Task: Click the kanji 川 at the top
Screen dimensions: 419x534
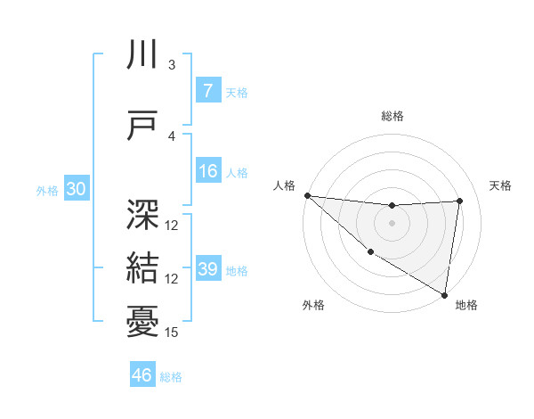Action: [142, 55]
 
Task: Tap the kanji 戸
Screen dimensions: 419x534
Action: [142, 126]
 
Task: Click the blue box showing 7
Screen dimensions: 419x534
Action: [207, 92]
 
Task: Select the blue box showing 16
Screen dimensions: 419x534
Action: [207, 172]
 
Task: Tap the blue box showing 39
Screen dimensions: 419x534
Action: [207, 270]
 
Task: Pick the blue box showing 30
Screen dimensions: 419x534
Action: [76, 189]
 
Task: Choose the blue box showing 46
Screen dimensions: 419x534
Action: [142, 375]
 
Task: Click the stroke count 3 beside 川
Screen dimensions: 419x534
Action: [172, 65]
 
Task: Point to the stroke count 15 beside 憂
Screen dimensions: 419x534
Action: [172, 333]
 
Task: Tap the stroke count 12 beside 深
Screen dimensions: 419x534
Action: [172, 226]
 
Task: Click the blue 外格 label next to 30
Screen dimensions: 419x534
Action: [47, 190]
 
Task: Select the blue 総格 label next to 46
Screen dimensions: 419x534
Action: [171, 376]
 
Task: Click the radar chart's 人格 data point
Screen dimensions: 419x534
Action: [307, 195]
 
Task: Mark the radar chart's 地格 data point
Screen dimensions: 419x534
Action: [444, 293]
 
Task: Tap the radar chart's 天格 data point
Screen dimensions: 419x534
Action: [459, 201]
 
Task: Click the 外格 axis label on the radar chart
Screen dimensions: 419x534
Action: [313, 306]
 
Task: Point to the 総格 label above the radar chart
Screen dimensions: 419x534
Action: [392, 116]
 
